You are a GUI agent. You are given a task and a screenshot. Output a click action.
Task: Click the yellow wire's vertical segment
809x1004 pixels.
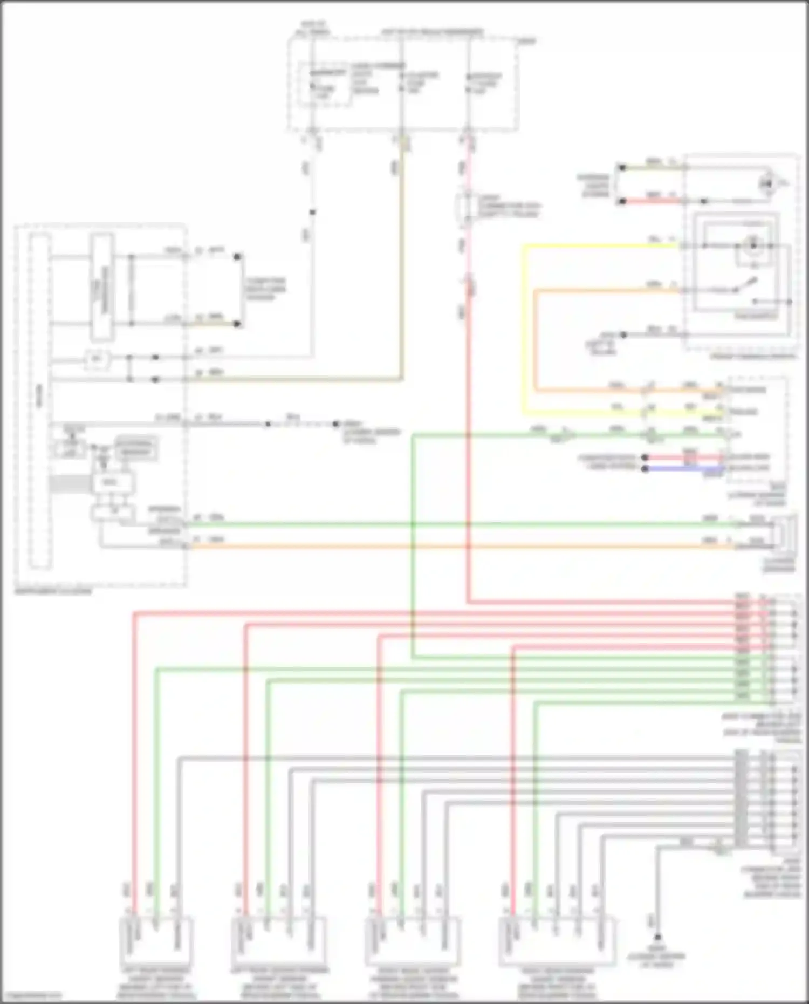coord(523,329)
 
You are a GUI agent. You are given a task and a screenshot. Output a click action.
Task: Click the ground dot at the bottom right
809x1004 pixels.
coord(657,938)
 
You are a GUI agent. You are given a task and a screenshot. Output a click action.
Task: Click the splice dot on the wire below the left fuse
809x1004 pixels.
coord(312,212)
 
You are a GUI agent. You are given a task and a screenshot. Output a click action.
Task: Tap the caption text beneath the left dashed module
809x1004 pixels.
coord(54,591)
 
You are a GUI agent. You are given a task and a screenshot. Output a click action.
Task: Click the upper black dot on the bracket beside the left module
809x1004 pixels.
coord(237,257)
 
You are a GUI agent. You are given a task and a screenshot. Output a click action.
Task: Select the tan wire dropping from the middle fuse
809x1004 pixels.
coord(401,259)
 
